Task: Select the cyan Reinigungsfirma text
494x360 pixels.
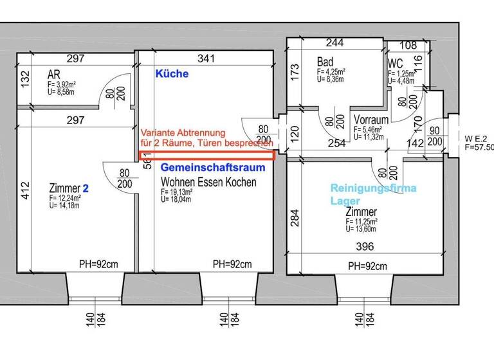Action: (373, 188)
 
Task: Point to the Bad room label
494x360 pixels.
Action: (325, 62)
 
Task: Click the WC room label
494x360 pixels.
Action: (395, 64)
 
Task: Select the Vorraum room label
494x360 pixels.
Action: (370, 120)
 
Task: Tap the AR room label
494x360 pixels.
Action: (54, 75)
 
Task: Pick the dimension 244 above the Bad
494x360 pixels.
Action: (334, 44)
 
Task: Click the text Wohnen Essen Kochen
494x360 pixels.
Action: (208, 183)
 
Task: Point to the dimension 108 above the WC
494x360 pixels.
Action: (408, 46)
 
